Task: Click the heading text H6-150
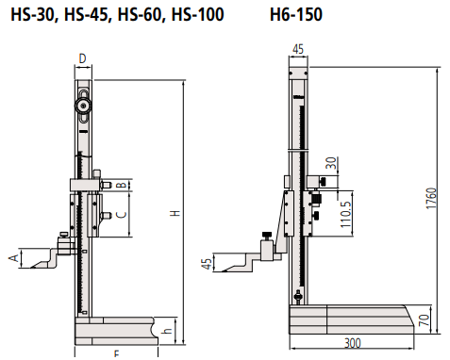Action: pos(296,15)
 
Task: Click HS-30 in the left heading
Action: pos(33,15)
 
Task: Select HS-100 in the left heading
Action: pos(197,15)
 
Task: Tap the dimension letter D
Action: pos(83,58)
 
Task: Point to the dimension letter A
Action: pos(14,258)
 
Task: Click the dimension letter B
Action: pos(122,185)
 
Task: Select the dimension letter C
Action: pos(122,215)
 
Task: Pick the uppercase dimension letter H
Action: pos(175,213)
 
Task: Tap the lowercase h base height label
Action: pos(168,331)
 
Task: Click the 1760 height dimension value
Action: pos(432,198)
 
